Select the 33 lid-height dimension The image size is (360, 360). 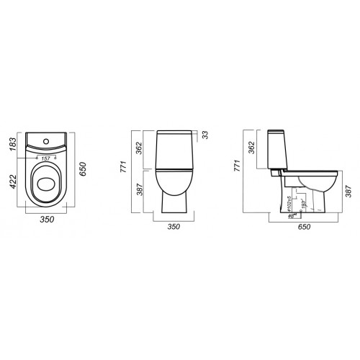click(x=205, y=134)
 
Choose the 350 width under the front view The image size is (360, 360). click(x=173, y=227)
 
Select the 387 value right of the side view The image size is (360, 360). click(x=348, y=190)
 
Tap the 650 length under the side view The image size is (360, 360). click(x=304, y=227)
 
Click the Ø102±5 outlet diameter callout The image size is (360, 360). click(x=287, y=202)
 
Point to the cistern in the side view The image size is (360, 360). click(x=276, y=151)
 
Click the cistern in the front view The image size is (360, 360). click(x=173, y=150)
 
